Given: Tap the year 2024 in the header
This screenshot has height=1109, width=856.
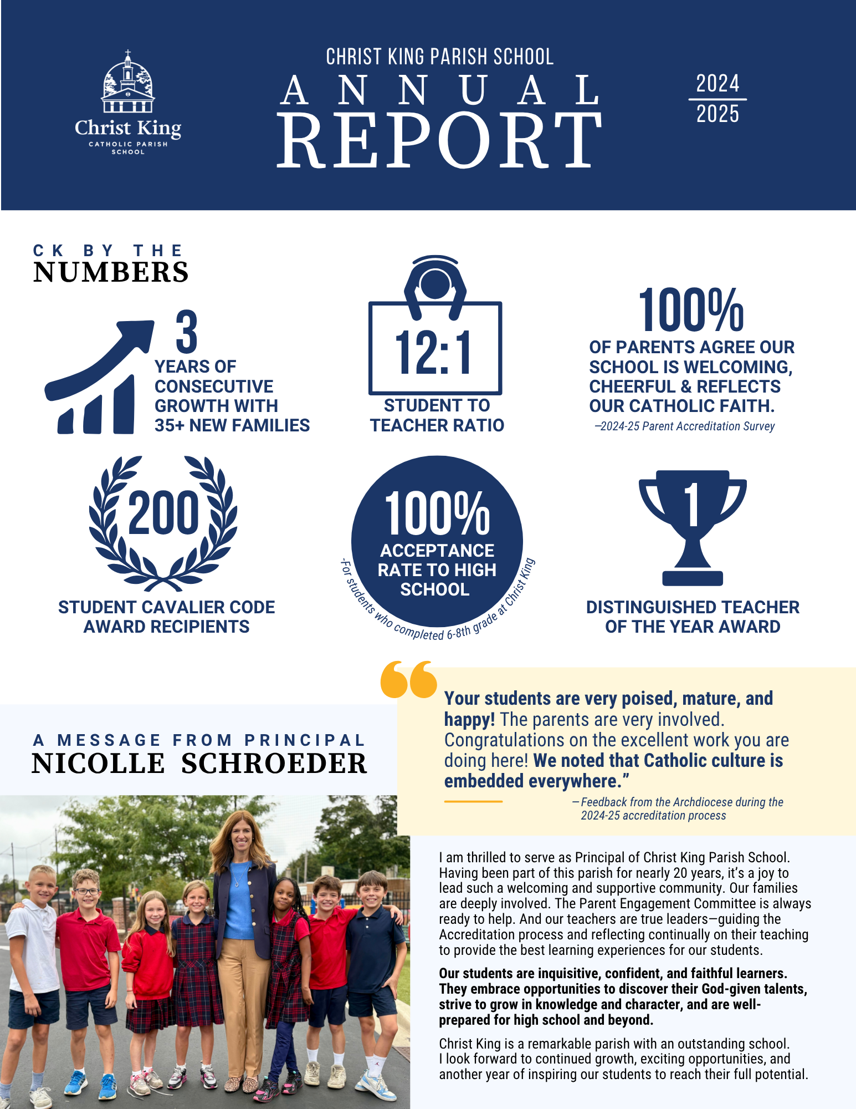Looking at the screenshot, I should (x=717, y=84).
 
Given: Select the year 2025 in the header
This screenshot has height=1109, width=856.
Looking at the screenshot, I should (x=717, y=114).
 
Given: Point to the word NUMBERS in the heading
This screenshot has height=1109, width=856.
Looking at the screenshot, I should (x=111, y=272).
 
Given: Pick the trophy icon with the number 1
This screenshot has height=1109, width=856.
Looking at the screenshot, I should (x=693, y=527).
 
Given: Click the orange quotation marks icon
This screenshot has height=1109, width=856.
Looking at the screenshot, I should (x=409, y=679).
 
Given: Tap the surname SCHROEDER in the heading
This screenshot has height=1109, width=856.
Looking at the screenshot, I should (x=274, y=764).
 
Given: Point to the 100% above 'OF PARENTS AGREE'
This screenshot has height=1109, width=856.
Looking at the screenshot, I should (x=691, y=311).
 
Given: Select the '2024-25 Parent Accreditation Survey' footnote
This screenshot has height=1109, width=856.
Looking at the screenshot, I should (x=685, y=426).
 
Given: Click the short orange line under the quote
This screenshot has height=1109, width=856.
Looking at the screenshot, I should (x=473, y=801).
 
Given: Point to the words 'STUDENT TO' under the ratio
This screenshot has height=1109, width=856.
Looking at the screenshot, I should (x=437, y=405).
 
